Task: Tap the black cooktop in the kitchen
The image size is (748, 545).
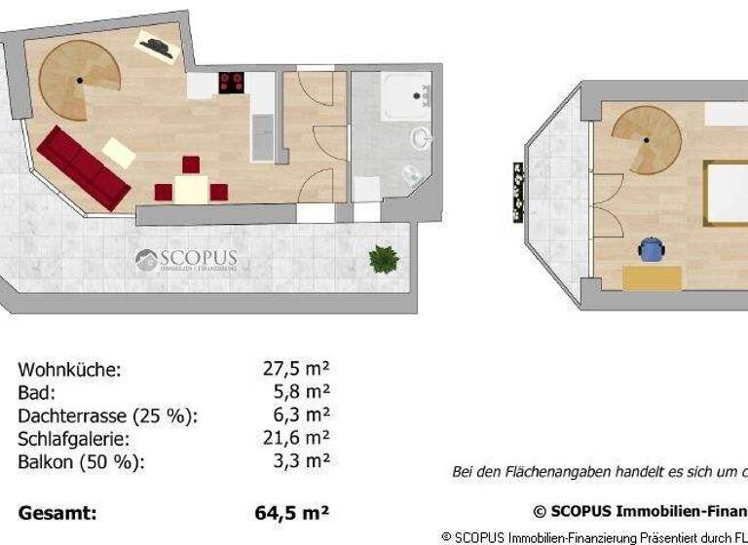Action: [232, 83]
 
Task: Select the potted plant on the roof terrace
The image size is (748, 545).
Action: [384, 259]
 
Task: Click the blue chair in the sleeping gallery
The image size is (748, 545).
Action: [651, 249]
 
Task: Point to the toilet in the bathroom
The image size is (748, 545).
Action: [412, 176]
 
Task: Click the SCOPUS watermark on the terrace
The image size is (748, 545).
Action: [185, 261]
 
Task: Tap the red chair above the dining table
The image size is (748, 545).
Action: [191, 164]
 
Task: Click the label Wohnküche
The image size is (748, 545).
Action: [69, 370]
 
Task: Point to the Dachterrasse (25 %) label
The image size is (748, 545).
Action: [107, 416]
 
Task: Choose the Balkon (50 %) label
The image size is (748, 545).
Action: [81, 461]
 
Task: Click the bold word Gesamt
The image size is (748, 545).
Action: [56, 512]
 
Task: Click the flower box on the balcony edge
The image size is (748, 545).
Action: [517, 193]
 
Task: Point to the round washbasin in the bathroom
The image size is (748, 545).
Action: [421, 138]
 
